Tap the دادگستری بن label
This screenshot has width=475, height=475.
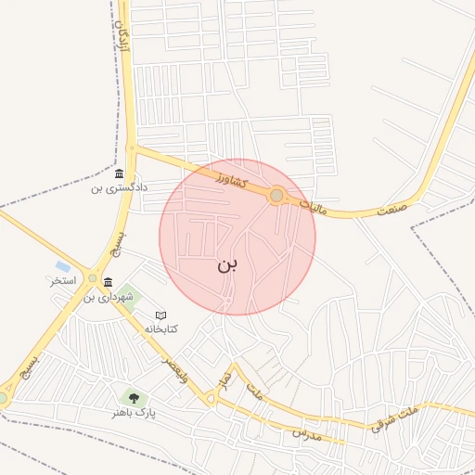point(108,189)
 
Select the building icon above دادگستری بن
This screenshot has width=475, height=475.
point(119,174)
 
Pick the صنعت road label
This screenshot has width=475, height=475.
point(393,211)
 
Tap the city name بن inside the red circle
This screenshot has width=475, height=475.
point(227,265)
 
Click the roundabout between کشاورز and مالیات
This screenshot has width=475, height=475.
point(276,196)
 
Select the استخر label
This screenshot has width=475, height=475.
point(63,280)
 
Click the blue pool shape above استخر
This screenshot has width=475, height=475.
point(62,266)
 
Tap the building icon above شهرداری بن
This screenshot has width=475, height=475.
point(109,283)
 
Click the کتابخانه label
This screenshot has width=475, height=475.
point(160,329)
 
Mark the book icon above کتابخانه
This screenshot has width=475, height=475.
point(160,315)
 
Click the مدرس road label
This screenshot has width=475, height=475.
point(306,433)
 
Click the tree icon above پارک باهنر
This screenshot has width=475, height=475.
point(135,398)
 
